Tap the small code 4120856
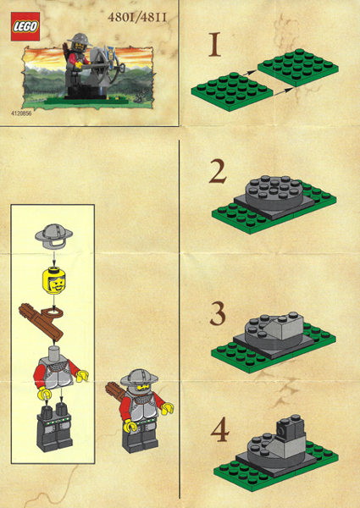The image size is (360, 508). tap(22, 112)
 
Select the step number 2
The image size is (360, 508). tap(218, 173)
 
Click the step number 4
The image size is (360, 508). tap(219, 431)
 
